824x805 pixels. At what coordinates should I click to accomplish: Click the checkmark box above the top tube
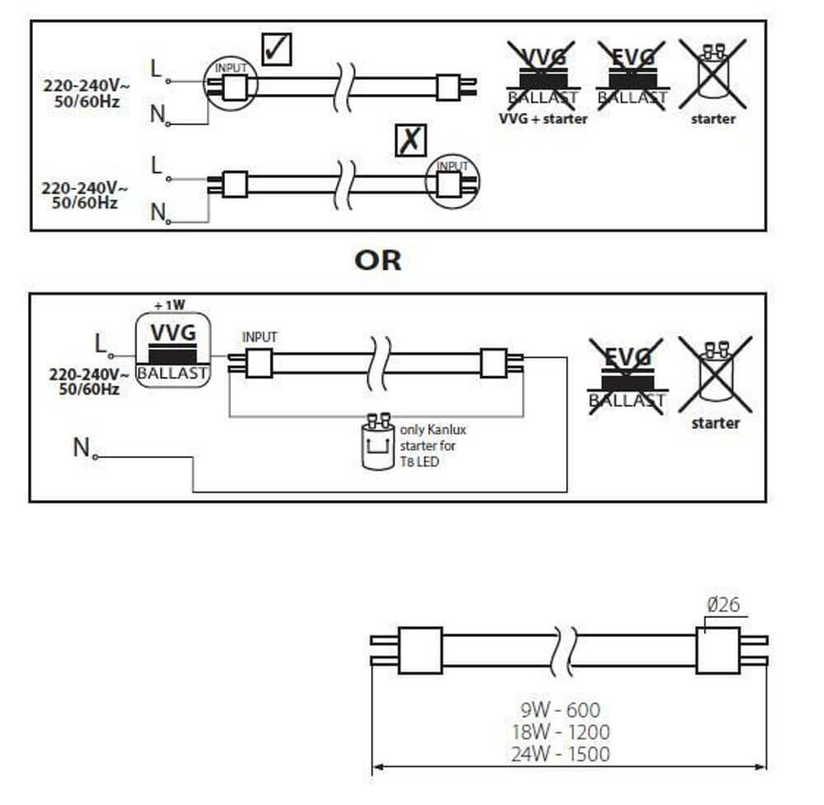[274, 49]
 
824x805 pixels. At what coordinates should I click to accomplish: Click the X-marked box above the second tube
[410, 141]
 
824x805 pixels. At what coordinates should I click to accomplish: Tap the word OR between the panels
[378, 260]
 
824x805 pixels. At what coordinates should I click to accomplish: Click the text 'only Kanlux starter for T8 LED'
[432, 446]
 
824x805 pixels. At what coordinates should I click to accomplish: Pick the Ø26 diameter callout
[723, 605]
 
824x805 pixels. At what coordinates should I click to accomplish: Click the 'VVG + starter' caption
[543, 119]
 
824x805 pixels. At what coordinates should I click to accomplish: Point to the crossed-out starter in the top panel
[713, 75]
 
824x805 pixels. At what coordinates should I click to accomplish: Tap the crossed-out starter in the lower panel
[714, 375]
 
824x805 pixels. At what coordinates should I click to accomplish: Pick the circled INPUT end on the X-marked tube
[452, 180]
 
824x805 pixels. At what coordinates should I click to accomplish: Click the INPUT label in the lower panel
[260, 337]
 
